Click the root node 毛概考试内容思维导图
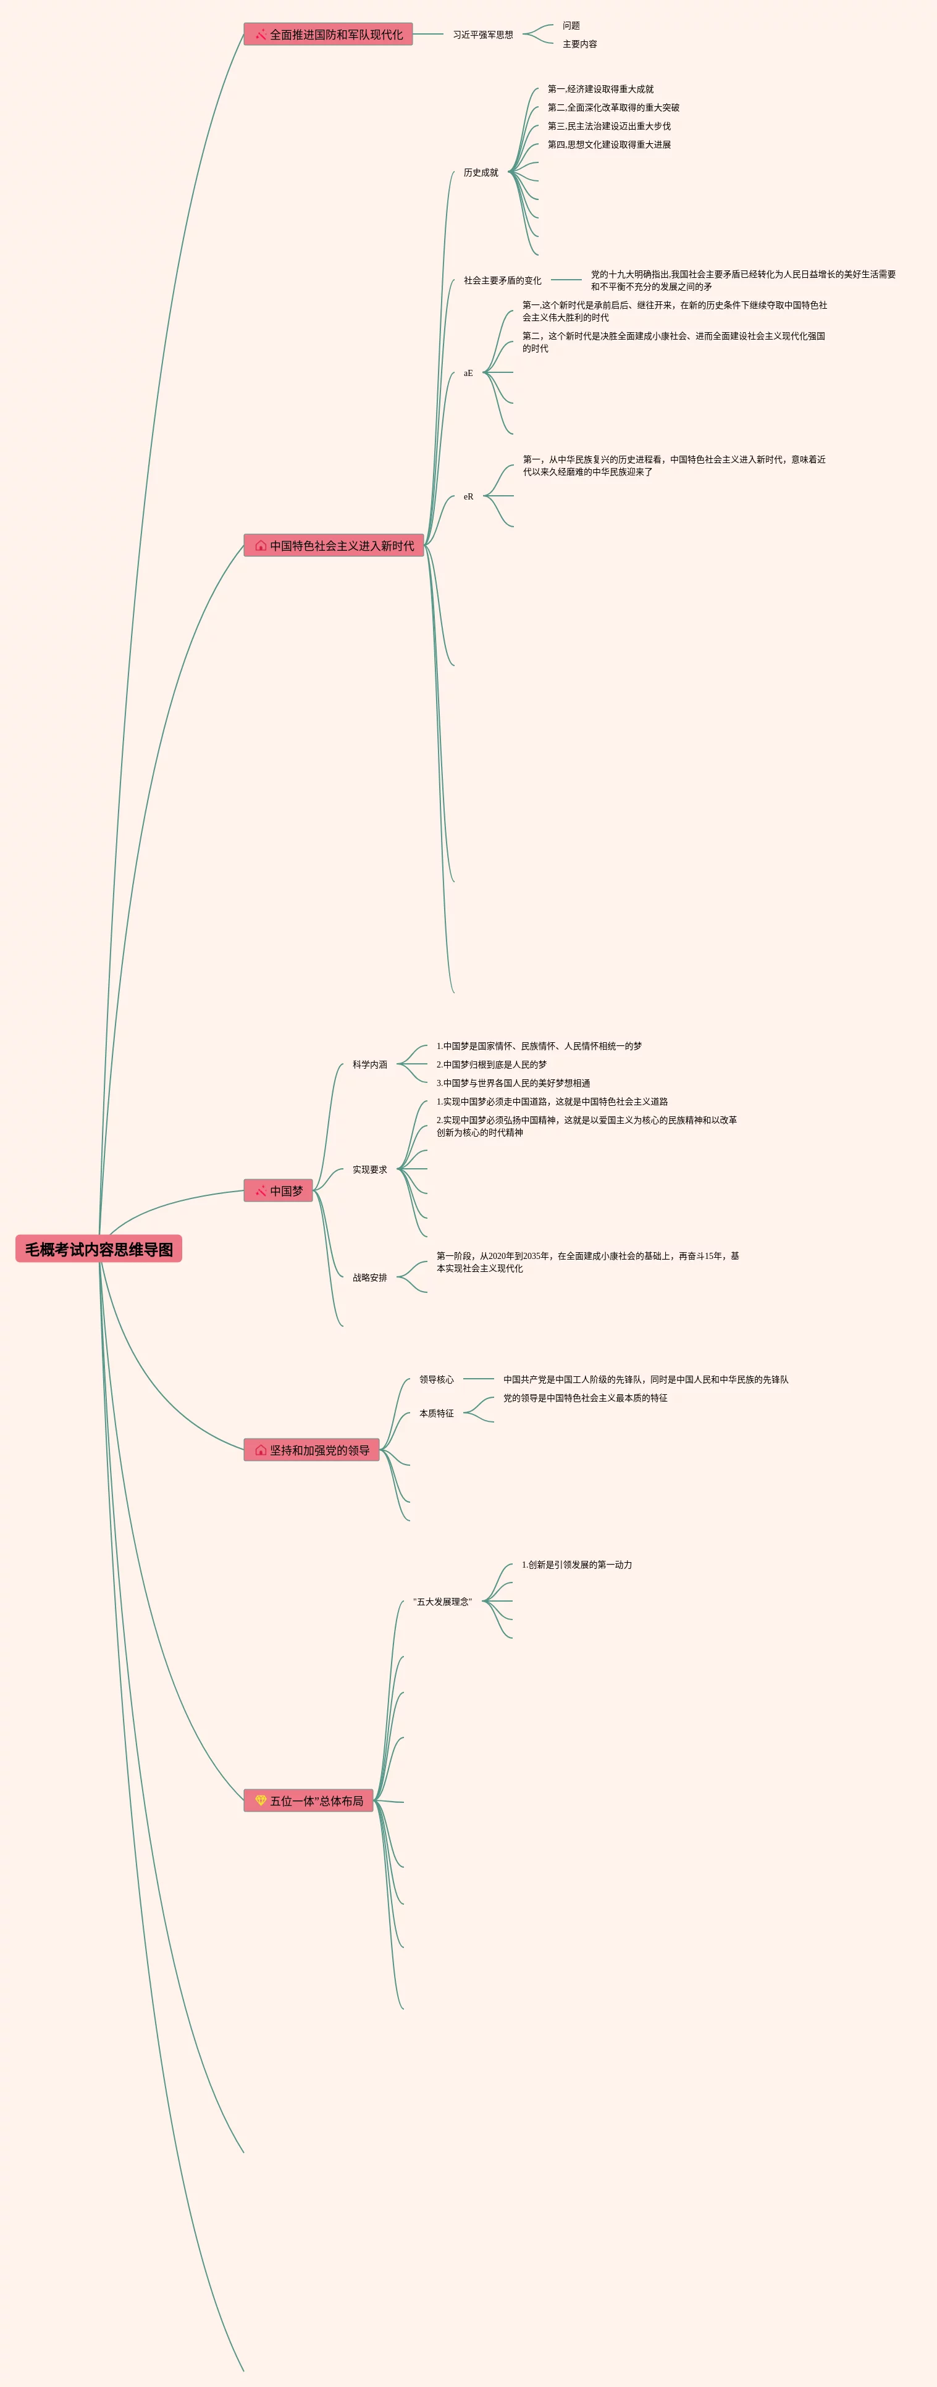point(98,1249)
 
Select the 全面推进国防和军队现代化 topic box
point(328,35)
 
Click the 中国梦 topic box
point(278,1190)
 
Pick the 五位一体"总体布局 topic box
point(309,1800)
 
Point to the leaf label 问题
point(571,26)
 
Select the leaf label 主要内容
point(579,44)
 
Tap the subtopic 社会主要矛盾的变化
point(502,280)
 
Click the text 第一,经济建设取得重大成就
point(600,89)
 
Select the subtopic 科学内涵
point(370,1064)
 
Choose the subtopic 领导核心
point(437,1379)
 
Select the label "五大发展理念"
point(442,1601)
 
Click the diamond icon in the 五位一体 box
point(261,1800)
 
